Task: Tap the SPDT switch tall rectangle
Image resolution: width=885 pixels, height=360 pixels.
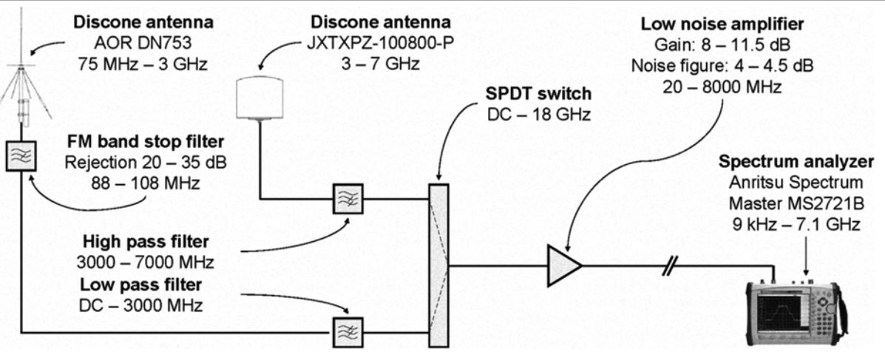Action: [x=438, y=265]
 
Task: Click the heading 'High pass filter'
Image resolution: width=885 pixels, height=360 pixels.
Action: [x=145, y=242]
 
